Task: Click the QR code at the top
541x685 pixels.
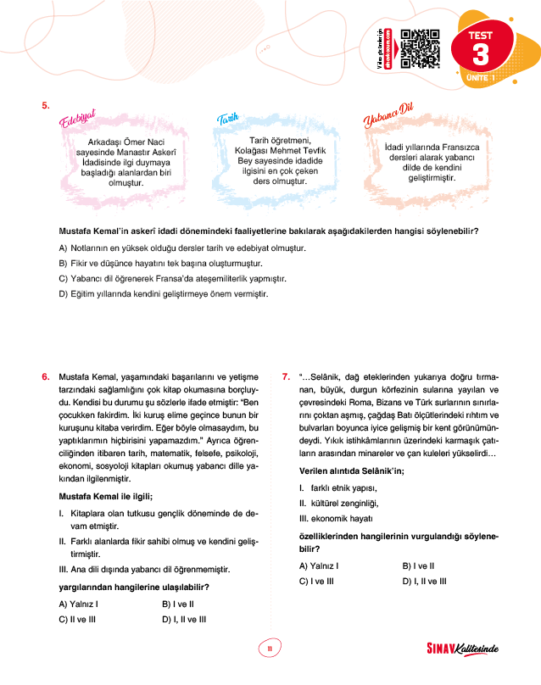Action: coord(418,47)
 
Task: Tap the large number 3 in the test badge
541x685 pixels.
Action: coord(481,57)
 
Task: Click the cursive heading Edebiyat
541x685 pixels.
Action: coord(77,120)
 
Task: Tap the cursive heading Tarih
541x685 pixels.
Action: coord(226,120)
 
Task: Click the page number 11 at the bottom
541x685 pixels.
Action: coord(269,649)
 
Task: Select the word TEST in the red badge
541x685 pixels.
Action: coord(481,36)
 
